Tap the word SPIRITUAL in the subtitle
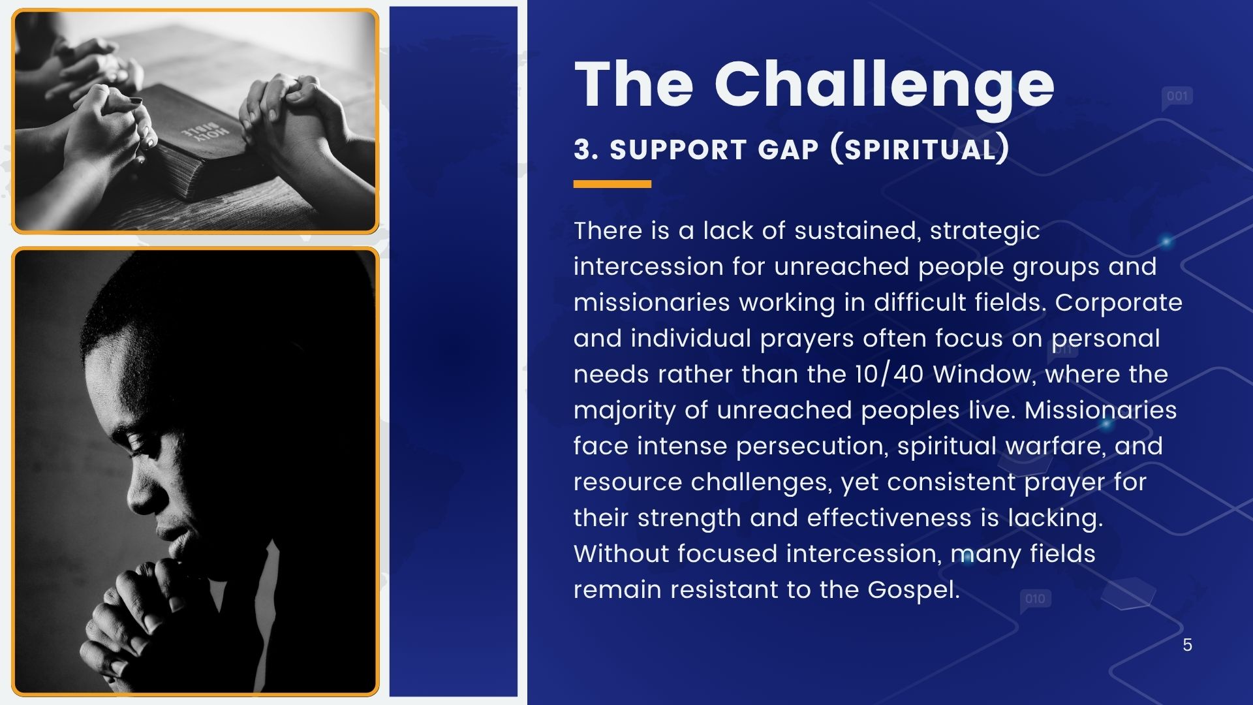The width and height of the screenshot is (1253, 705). pyautogui.click(x=920, y=149)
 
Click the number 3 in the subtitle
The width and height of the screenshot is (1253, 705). pyautogui.click(x=582, y=149)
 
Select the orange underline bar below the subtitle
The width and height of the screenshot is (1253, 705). pyautogui.click(x=612, y=184)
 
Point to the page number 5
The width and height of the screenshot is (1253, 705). pyautogui.click(x=1187, y=645)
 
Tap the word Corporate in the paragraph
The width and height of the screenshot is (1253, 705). pyautogui.click(x=1119, y=303)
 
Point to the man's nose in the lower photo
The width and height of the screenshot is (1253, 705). pyautogui.click(x=138, y=493)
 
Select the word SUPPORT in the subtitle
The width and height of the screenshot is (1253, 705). pyautogui.click(x=678, y=149)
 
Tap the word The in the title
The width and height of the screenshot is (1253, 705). pyautogui.click(x=634, y=85)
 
